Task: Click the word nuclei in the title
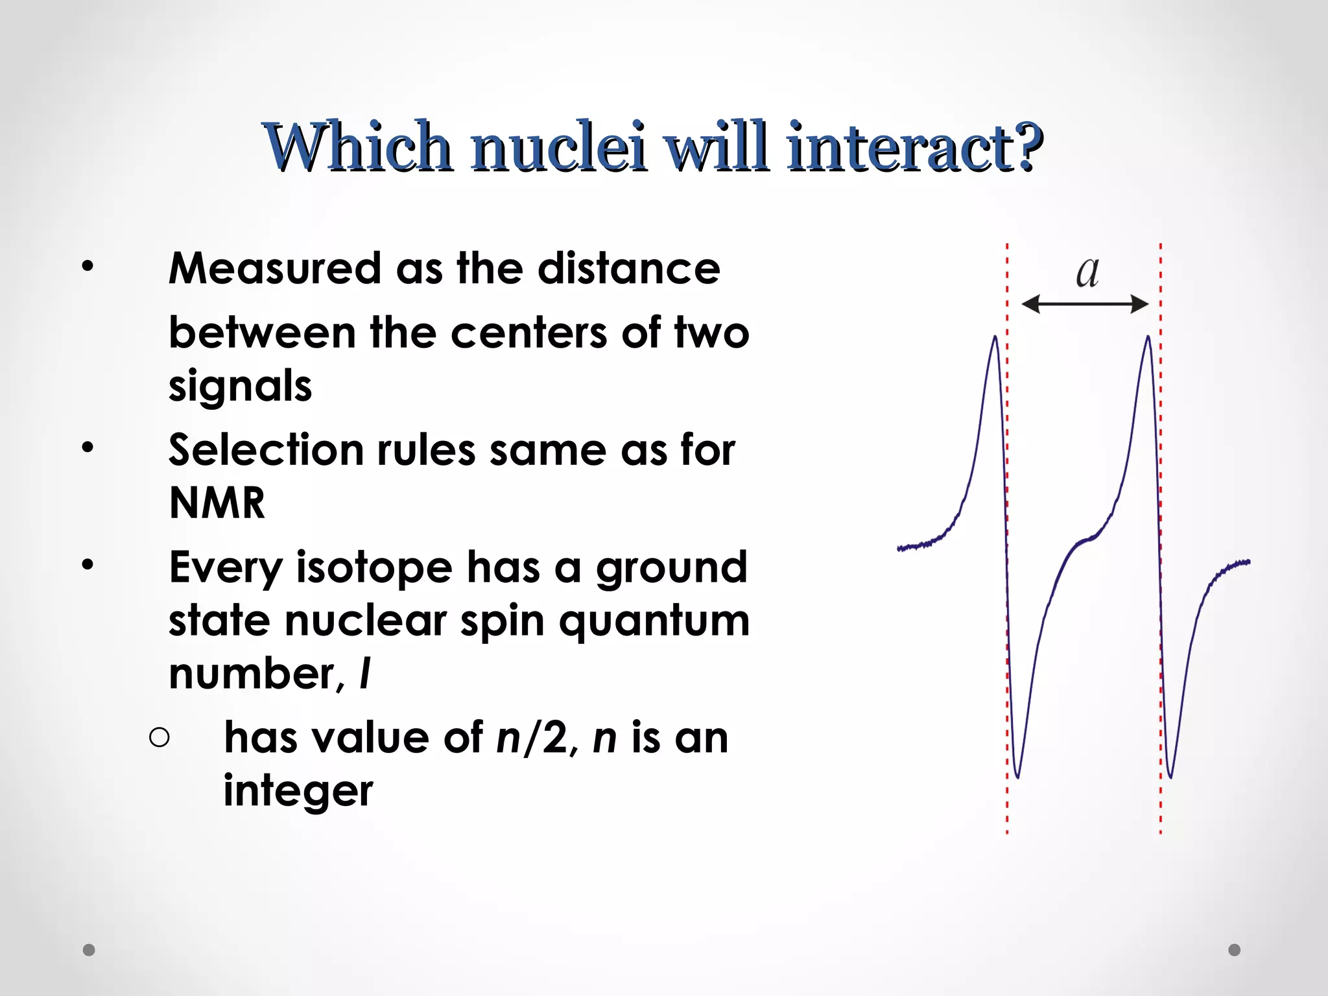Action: tap(559, 148)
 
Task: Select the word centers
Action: tap(528, 333)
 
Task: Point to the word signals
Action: tap(240, 386)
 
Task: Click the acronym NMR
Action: tap(217, 503)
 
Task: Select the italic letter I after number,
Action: tap(365, 674)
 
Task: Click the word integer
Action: tap(298, 791)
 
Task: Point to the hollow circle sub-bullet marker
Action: tap(159, 738)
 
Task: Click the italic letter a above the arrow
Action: tap(1087, 272)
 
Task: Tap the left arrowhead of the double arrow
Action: tap(1029, 303)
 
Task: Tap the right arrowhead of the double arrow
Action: tap(1141, 303)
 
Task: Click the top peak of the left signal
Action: tap(995, 337)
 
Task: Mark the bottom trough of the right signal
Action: tap(1170, 776)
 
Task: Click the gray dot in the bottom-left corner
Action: tap(89, 950)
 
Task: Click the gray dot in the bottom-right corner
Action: tap(1235, 950)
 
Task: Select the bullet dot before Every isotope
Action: tap(88, 565)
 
